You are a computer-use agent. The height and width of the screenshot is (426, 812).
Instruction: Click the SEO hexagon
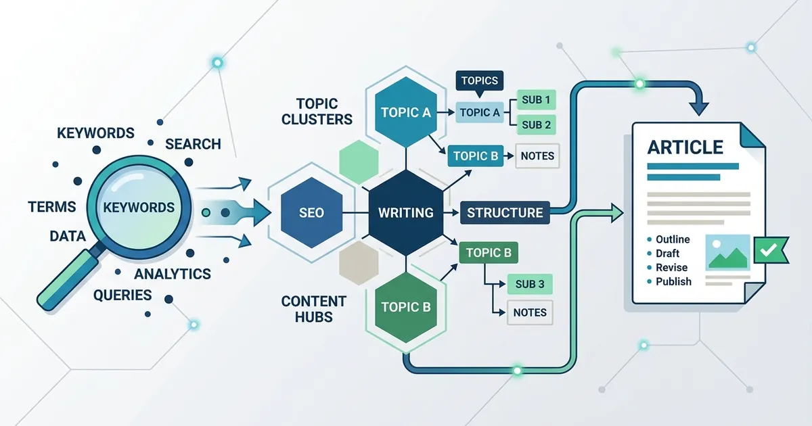(x=311, y=212)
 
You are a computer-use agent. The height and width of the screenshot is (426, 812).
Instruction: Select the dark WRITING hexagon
(x=405, y=212)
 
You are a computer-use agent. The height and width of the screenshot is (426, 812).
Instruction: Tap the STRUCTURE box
(x=505, y=212)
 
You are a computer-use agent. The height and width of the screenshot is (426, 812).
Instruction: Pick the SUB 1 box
(x=536, y=99)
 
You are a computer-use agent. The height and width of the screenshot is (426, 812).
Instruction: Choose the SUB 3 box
(x=530, y=284)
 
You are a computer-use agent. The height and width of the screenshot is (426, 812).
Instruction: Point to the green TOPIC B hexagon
(x=406, y=307)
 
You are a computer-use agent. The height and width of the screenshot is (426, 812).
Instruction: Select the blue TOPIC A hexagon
(x=406, y=112)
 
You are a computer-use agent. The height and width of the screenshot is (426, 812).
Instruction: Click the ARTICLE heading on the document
(x=685, y=147)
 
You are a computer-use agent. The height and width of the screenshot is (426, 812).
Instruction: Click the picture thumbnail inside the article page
(x=727, y=252)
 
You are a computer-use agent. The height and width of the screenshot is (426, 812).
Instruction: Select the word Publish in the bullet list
(x=673, y=281)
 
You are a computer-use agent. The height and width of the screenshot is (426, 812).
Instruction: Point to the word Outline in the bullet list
(x=673, y=239)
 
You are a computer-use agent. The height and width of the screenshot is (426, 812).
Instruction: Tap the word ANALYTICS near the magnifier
(x=173, y=275)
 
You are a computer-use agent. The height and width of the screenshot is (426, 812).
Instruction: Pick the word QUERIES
(x=122, y=295)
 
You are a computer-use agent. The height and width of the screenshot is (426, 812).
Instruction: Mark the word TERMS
(x=52, y=207)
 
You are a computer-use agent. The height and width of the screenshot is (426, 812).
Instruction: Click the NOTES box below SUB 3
(x=530, y=312)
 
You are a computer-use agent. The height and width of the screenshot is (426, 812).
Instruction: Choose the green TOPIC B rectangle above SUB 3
(x=489, y=252)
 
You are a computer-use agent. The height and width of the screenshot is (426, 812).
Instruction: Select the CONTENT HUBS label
(x=314, y=309)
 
